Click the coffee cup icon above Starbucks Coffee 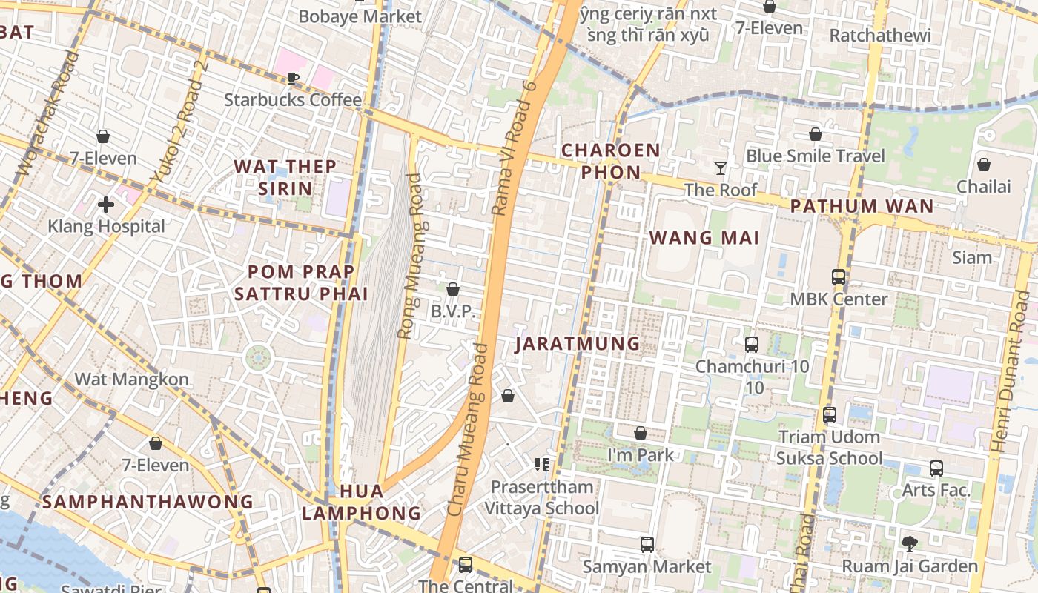(x=293, y=78)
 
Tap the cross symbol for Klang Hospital (x=106, y=204)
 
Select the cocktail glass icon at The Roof (x=720, y=168)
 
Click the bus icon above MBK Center (x=839, y=277)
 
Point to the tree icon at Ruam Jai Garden (x=910, y=544)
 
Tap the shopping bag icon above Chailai (x=983, y=165)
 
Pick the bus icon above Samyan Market (x=647, y=545)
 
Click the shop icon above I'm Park (x=641, y=433)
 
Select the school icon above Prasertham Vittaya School (x=542, y=465)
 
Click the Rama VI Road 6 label (x=514, y=148)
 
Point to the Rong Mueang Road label (x=409, y=256)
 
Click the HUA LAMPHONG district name (x=361, y=502)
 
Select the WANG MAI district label (x=704, y=238)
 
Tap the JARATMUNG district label (x=578, y=344)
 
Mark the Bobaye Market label (x=360, y=16)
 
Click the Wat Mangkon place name (x=131, y=380)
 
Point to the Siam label (x=971, y=258)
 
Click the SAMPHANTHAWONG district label (x=148, y=502)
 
